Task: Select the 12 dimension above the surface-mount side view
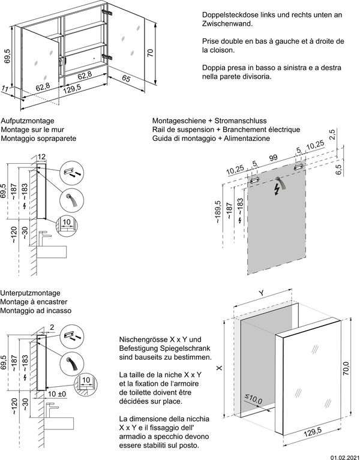(42, 158)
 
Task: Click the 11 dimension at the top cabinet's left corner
(6, 89)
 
